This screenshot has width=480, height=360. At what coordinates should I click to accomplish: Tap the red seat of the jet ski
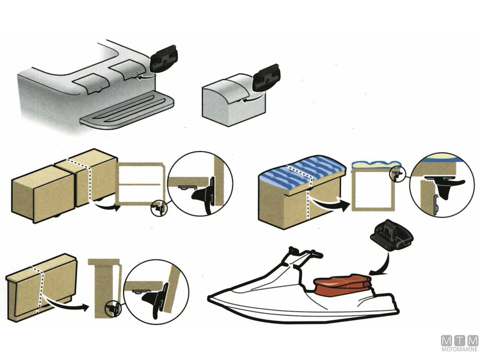(x=342, y=286)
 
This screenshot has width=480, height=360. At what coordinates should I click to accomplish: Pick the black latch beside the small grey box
(x=266, y=78)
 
